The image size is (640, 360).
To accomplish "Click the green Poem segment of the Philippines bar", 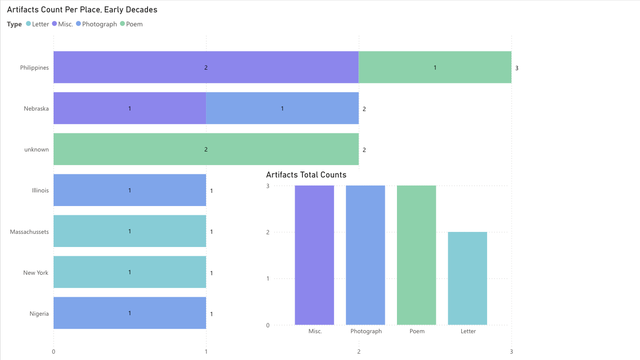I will tap(435, 67).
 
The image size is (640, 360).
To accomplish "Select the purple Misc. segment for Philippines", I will tap(206, 67).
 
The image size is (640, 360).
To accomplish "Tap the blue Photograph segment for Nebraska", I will tap(282, 108).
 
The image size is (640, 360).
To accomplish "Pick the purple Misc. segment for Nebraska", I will tap(130, 108).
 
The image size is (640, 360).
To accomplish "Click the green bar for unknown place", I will tap(206, 149).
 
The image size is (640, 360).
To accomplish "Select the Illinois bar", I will tap(130, 190).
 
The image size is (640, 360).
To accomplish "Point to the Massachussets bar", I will tap(130, 231).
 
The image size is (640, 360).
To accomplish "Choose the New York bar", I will tap(130, 272).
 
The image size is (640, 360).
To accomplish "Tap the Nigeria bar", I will tap(130, 313).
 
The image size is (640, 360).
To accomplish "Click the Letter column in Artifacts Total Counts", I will tap(468, 278).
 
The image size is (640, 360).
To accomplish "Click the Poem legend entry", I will tap(134, 24).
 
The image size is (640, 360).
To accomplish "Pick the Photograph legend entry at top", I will tap(99, 24).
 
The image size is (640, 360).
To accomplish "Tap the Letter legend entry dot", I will tap(28, 24).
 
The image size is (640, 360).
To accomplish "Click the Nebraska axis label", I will tap(36, 109).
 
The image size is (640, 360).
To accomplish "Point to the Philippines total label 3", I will tap(517, 68).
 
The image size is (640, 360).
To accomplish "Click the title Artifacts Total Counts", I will tap(306, 174).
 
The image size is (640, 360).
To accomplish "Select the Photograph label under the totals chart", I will tap(366, 331).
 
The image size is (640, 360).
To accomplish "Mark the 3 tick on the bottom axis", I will tap(511, 351).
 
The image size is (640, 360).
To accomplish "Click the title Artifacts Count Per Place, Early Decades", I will tap(82, 10).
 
